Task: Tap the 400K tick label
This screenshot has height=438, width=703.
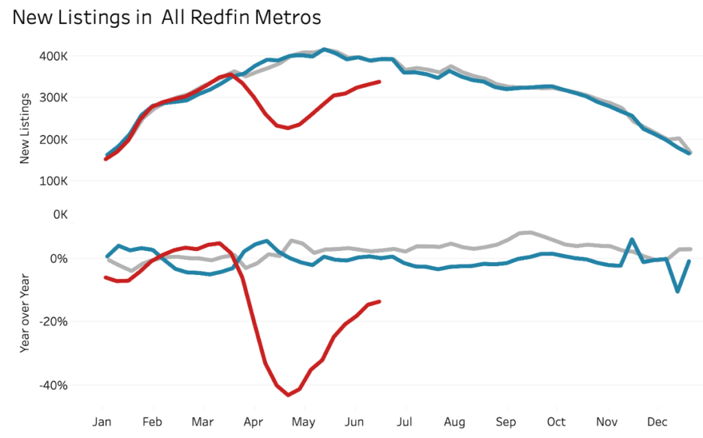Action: (52, 56)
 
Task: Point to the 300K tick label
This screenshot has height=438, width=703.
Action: (52, 98)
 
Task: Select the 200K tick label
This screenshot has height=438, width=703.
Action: (52, 140)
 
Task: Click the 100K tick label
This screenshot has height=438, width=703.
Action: (52, 182)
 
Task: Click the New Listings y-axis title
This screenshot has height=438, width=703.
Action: (25, 130)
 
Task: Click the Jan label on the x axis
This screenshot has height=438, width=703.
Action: (102, 421)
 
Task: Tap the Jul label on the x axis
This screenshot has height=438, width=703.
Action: (405, 421)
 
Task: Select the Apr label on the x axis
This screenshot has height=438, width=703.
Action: (253, 421)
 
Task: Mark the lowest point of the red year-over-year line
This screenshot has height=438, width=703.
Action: (288, 395)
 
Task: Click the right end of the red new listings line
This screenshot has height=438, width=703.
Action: (380, 82)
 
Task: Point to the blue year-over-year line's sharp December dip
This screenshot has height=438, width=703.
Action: (678, 292)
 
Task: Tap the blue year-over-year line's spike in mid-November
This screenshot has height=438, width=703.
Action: (632, 239)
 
